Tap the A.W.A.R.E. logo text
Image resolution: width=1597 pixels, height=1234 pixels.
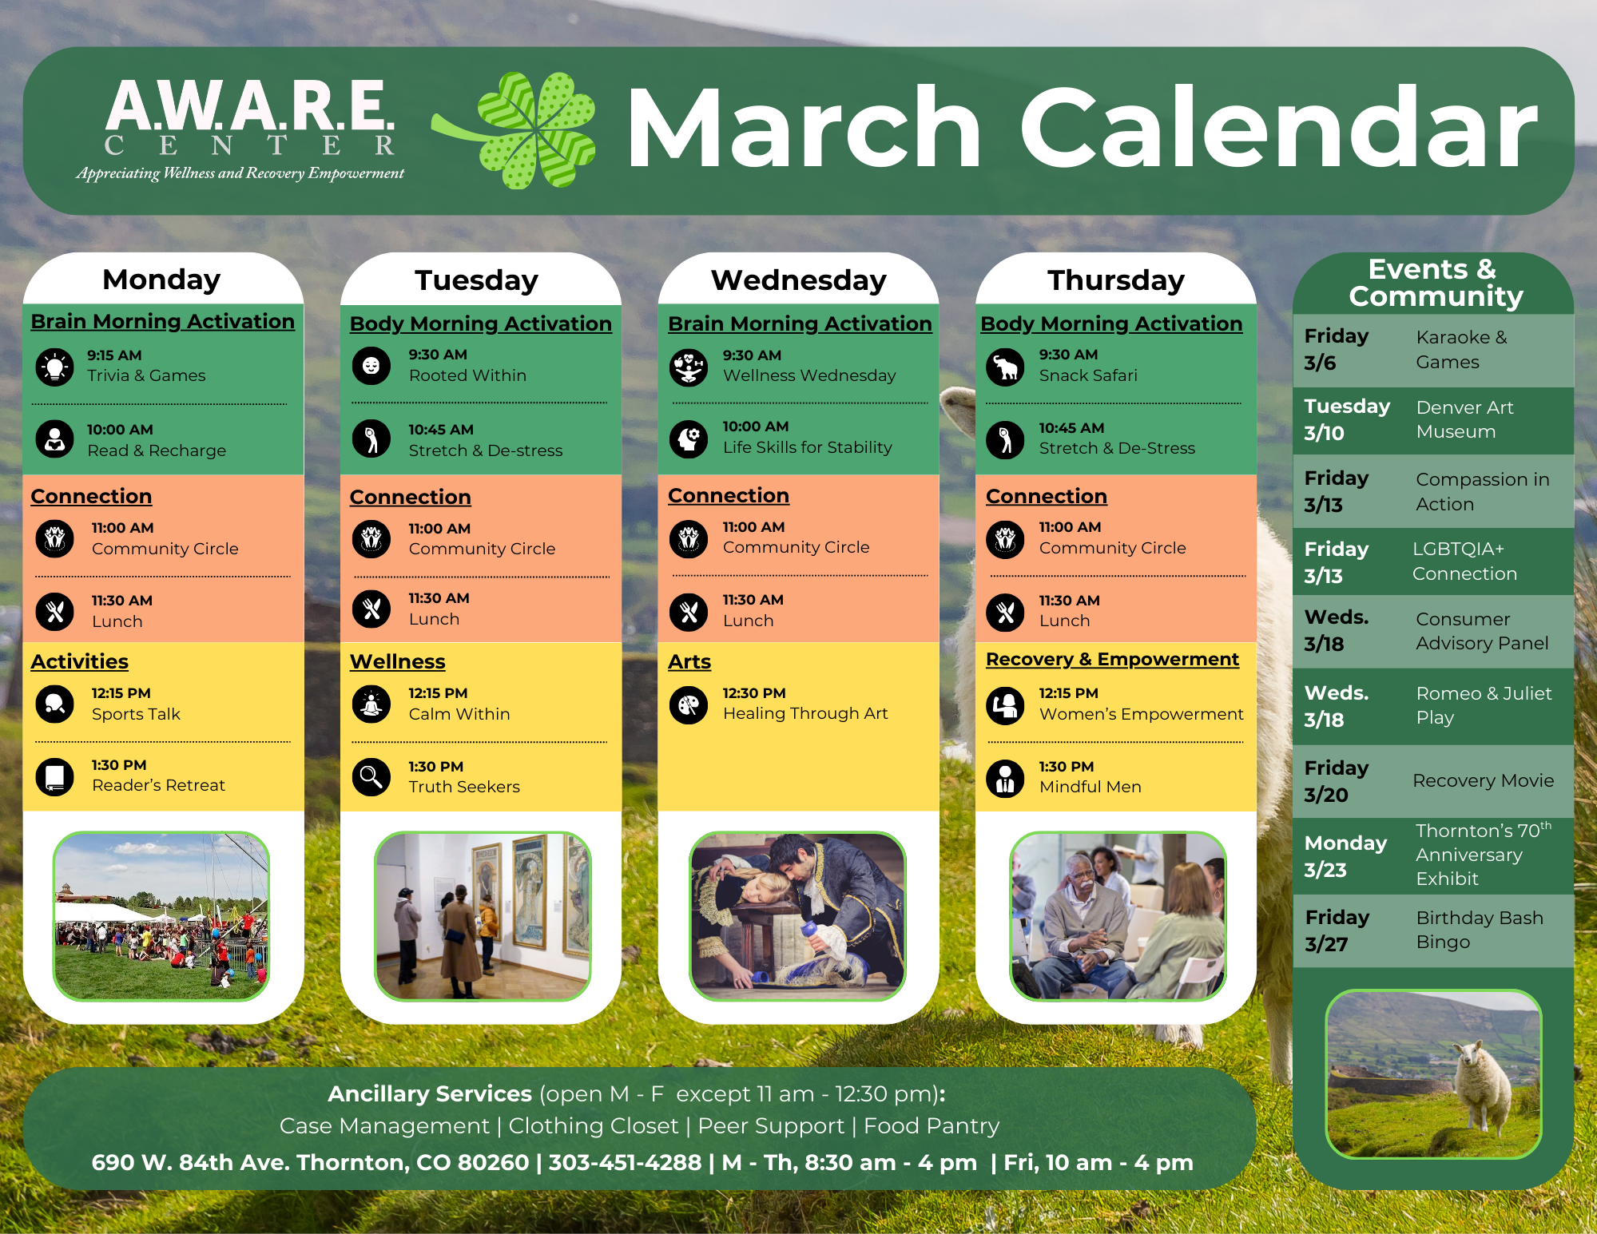point(250,106)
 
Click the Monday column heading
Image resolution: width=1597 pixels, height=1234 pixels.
point(161,279)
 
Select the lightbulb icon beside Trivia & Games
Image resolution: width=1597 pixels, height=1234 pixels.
point(55,367)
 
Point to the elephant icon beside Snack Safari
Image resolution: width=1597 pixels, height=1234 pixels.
point(1006,367)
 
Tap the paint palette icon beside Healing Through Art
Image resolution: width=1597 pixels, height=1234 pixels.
point(689,704)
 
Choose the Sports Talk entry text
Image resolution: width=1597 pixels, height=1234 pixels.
point(136,714)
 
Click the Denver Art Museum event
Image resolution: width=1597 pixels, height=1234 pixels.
point(1464,419)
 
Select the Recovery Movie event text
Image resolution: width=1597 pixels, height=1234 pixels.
point(1483,780)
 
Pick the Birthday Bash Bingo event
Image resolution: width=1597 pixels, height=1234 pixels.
point(1480,930)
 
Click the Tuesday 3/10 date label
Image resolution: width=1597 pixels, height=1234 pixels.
point(1347,419)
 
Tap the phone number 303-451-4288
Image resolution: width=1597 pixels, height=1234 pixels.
point(625,1162)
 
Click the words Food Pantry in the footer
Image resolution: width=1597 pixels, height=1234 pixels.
point(932,1125)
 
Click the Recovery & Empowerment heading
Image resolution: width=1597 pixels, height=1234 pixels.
point(1112,660)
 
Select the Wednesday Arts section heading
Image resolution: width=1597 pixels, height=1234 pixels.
point(689,661)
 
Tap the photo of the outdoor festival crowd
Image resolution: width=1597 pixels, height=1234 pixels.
point(161,915)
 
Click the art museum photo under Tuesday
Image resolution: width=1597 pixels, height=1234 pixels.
point(483,915)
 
